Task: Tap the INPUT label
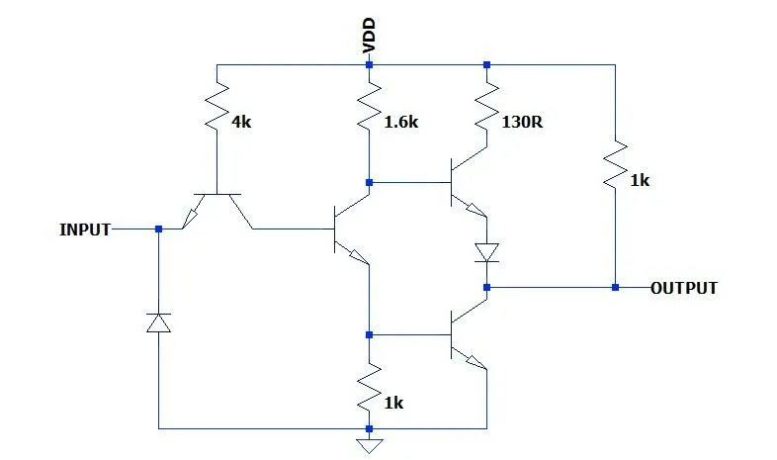coord(85,230)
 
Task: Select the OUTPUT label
coord(683,289)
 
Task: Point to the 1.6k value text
coord(400,122)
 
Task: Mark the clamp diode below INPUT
coord(158,322)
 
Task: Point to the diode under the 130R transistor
coord(486,253)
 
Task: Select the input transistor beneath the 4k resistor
coord(216,208)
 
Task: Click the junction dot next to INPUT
coord(158,230)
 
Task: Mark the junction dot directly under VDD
coord(369,64)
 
